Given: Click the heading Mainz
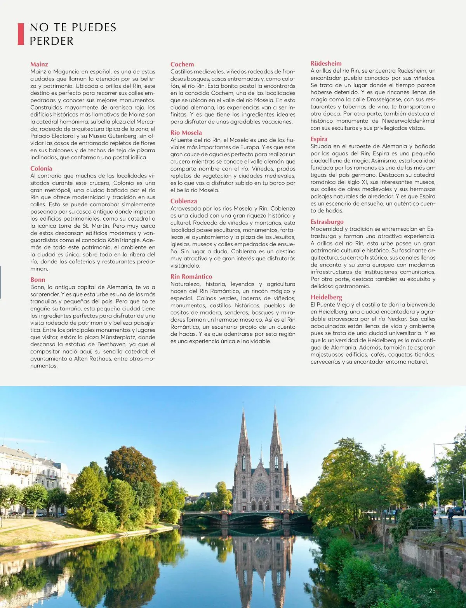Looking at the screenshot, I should pyautogui.click(x=39, y=64).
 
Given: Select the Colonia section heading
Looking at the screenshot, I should pyautogui.click(x=41, y=168).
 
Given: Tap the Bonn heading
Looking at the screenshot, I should pyautogui.click(x=38, y=279).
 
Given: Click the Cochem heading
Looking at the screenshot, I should pyautogui.click(x=182, y=64).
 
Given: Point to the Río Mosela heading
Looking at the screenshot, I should pyautogui.click(x=186, y=132).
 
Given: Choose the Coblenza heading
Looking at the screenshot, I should pyautogui.click(x=184, y=201).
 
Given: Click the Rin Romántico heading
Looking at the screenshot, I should pyautogui.click(x=191, y=276).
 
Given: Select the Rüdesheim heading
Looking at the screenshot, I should pyautogui.click(x=326, y=63).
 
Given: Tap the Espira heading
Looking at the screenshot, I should pyautogui.click(x=319, y=139).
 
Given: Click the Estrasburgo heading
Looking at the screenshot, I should pyautogui.click(x=327, y=221).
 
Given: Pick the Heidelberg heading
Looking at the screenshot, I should pyautogui.click(x=326, y=297).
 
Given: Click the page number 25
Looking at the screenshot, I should pyautogui.click(x=432, y=591).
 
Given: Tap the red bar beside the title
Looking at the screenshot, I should pyautogui.click(x=21, y=34).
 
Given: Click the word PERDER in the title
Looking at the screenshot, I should pyautogui.click(x=52, y=41).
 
